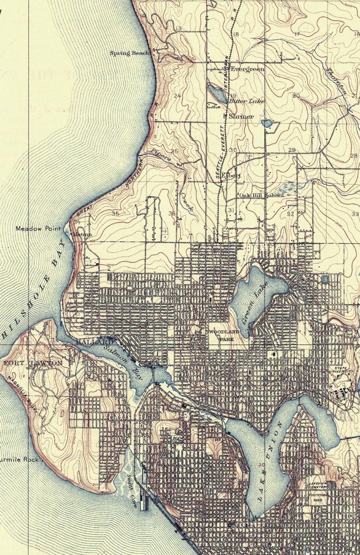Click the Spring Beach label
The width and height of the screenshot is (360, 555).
129,53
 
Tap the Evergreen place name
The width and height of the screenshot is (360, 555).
248,69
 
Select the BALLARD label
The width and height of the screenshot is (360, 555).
92,342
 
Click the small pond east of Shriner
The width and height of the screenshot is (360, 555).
267,123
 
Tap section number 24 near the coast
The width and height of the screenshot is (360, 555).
177,96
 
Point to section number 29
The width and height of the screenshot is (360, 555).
292,150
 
